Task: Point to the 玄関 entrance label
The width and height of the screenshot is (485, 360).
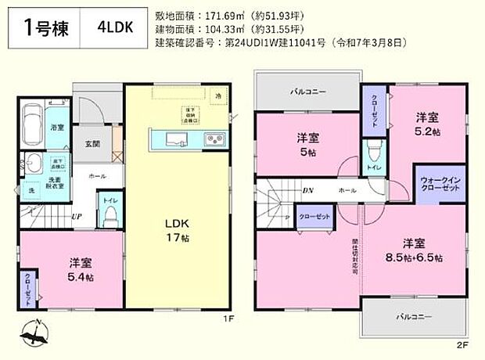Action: tap(92, 144)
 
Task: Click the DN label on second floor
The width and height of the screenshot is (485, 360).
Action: tap(308, 190)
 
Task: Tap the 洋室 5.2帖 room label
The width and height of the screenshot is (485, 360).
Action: tap(426, 124)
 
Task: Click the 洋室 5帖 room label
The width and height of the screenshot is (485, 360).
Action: tap(307, 144)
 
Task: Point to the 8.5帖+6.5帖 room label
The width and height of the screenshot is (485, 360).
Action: tap(415, 250)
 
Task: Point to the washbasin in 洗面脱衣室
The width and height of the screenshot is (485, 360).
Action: tap(34, 166)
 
